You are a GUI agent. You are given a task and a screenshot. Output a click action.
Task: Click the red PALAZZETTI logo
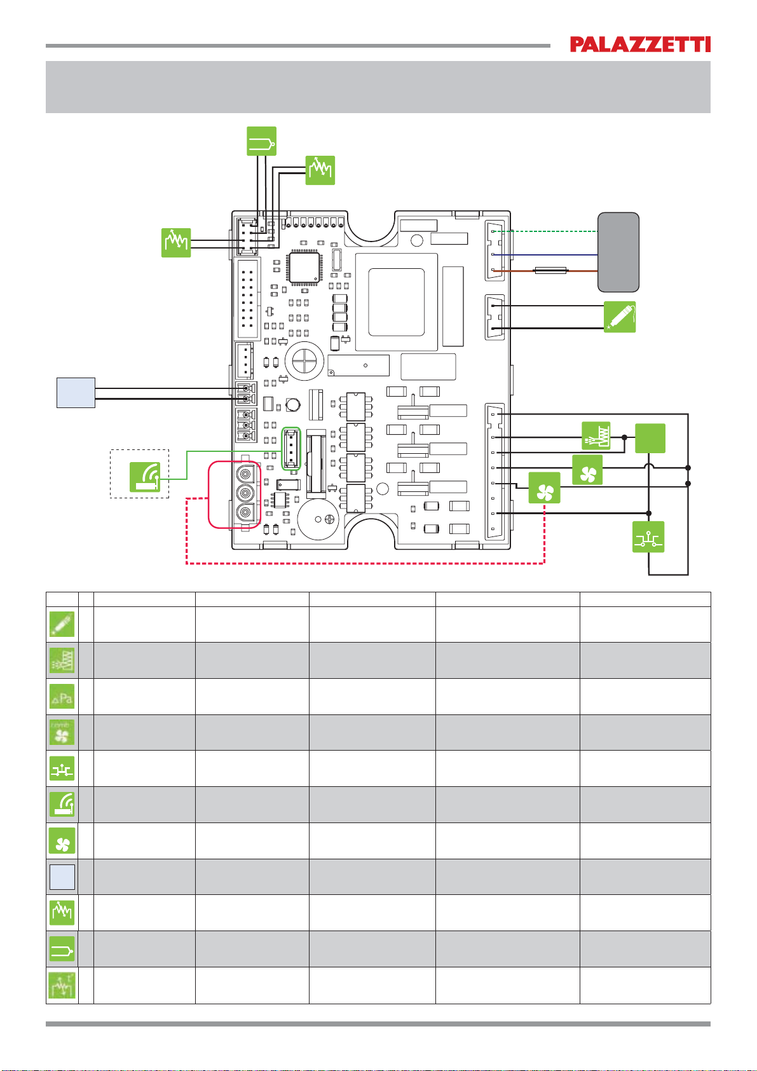[639, 44]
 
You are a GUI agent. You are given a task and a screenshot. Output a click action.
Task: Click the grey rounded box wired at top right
[618, 252]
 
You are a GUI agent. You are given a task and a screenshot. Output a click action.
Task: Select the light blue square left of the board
[76, 393]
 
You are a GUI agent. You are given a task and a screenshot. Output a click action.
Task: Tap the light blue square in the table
[62, 877]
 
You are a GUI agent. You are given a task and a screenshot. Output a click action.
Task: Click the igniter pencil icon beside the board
[619, 317]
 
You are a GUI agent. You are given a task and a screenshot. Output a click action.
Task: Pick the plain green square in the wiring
[650, 438]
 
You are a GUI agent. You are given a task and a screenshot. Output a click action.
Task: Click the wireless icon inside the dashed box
[145, 477]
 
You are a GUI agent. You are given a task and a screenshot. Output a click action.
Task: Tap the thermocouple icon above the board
[261, 141]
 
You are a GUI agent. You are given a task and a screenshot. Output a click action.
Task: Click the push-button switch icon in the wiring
[648, 537]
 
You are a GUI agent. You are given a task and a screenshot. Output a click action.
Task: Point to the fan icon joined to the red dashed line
[544, 488]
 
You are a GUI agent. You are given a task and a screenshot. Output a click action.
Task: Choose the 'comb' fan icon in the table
[62, 732]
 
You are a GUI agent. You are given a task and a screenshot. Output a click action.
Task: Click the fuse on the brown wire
[550, 271]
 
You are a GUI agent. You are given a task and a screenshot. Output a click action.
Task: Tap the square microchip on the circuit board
[304, 267]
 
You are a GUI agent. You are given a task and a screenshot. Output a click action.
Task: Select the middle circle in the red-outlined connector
[245, 493]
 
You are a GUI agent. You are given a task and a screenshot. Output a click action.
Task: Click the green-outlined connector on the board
[290, 449]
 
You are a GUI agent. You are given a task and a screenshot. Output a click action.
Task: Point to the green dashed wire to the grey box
[545, 231]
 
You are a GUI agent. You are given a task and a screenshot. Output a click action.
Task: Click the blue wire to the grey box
[545, 255]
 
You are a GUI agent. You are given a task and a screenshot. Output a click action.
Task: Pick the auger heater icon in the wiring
[596, 435]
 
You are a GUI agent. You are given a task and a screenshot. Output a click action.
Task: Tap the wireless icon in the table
[62, 804]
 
